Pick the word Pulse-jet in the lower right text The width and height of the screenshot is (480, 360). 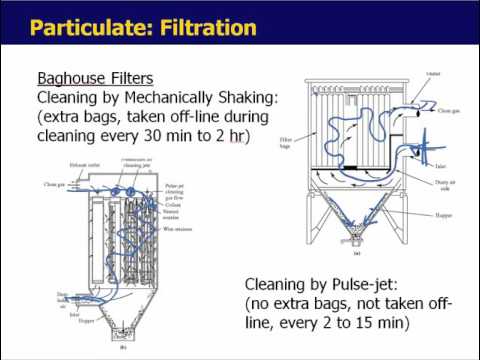click(358, 284)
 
